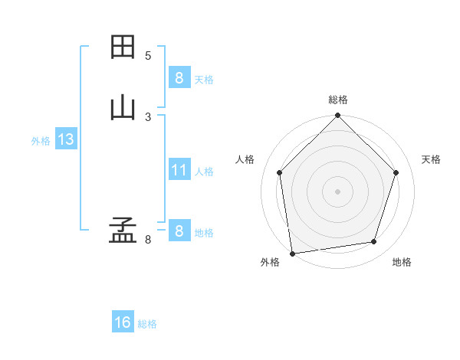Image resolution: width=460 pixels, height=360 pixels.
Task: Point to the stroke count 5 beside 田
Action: (148, 56)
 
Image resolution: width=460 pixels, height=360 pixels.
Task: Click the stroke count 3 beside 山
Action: (148, 116)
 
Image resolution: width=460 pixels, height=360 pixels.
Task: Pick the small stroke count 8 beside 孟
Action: (148, 240)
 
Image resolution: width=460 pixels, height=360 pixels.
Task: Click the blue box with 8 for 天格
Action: (179, 77)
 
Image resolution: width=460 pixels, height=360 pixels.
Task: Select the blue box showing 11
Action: (179, 170)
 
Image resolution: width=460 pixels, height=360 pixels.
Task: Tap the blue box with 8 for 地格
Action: (179, 231)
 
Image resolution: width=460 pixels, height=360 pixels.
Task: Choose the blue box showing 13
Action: (65, 139)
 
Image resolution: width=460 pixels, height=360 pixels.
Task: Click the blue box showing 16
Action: (123, 322)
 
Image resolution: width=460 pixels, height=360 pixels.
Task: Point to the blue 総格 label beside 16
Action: (147, 324)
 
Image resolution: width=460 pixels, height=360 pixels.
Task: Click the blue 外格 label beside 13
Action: (41, 141)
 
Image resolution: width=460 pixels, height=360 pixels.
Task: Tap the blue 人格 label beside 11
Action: (204, 172)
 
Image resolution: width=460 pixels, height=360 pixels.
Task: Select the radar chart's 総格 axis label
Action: (338, 100)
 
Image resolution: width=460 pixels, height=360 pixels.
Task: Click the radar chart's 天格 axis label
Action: (431, 159)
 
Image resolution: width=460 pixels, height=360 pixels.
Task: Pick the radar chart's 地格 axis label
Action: (402, 263)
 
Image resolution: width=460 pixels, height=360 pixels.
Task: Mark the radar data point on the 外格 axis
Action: (292, 253)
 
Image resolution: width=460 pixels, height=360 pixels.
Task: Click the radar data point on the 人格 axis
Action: (280, 172)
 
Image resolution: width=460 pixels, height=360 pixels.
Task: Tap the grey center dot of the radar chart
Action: (338, 191)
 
